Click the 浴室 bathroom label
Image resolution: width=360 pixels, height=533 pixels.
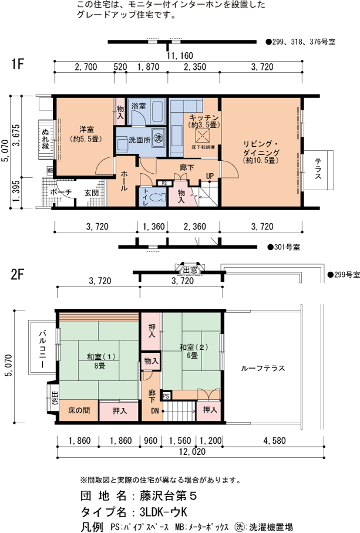pyautogui.click(x=139, y=106)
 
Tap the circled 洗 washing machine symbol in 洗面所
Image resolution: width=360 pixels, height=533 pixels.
pyautogui.click(x=158, y=138)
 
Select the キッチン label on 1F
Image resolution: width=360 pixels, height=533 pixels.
pyautogui.click(x=204, y=118)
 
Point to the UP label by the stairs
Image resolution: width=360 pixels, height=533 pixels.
pyautogui.click(x=210, y=176)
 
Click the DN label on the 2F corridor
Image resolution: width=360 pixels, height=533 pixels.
pyautogui.click(x=155, y=411)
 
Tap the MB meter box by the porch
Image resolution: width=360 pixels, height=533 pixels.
pyautogui.click(x=51, y=170)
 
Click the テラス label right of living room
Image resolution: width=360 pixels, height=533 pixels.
pyautogui.click(x=318, y=169)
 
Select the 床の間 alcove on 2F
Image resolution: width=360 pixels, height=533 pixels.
pyautogui.click(x=79, y=410)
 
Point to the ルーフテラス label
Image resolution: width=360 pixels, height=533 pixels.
pyautogui.click(x=263, y=368)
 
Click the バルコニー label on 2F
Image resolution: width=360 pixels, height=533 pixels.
pyautogui.click(x=42, y=349)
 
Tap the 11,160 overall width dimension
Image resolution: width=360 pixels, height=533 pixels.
pyautogui.click(x=180, y=55)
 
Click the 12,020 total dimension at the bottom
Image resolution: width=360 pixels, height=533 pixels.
pyautogui.click(x=192, y=452)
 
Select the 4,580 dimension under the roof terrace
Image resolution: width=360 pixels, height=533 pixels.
pyautogui.click(x=274, y=440)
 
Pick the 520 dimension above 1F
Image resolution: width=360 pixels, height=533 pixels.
pyautogui.click(x=120, y=67)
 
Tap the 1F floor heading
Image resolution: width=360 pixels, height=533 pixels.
pyautogui.click(x=18, y=63)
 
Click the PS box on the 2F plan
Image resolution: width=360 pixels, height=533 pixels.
pyautogui.click(x=166, y=396)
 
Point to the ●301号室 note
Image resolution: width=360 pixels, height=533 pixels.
pyautogui.click(x=284, y=247)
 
